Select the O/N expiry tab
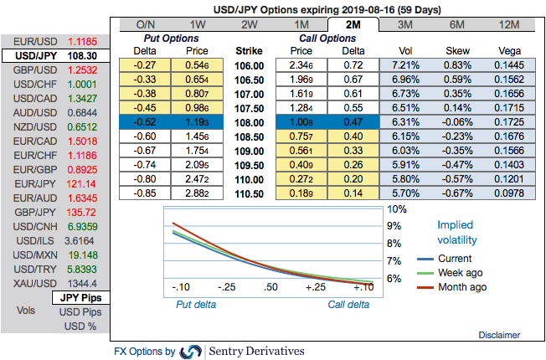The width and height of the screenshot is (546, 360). click(x=145, y=24)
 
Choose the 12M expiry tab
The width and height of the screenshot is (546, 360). click(x=509, y=24)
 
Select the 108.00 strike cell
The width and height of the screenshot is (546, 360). click(x=250, y=122)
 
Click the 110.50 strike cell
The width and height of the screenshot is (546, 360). click(x=250, y=193)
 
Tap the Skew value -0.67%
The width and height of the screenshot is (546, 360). click(x=456, y=193)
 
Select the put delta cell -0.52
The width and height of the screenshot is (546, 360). click(x=145, y=122)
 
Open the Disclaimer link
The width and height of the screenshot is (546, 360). click(x=499, y=335)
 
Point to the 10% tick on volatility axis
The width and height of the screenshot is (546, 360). click(x=398, y=210)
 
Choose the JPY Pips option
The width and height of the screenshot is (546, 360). click(x=80, y=297)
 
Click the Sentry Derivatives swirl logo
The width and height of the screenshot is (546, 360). click(x=191, y=352)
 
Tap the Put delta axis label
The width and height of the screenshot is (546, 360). click(x=195, y=305)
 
